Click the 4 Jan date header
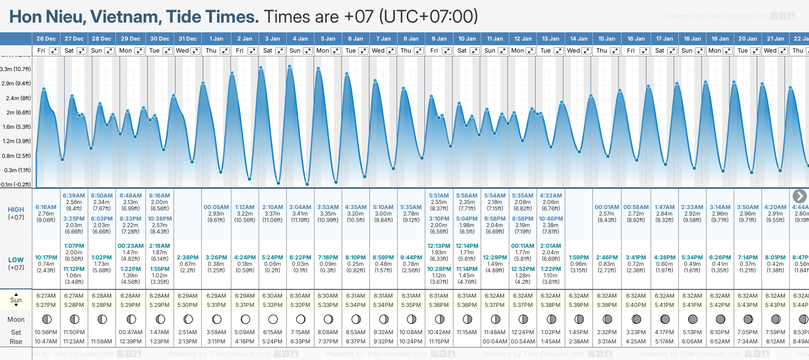click(300, 39)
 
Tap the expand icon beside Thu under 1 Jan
click(225, 51)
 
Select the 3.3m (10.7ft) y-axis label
click(16, 69)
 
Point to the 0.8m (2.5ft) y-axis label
click(16, 156)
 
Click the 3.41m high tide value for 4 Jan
click(300, 214)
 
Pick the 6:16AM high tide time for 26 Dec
click(46, 207)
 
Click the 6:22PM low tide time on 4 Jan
click(300, 258)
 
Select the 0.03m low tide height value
click(300, 264)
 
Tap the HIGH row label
click(16, 210)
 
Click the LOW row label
click(16, 260)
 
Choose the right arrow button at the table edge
click(799, 196)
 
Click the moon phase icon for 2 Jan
click(245, 319)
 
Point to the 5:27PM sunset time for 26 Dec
click(46, 305)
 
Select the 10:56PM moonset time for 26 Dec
click(46, 332)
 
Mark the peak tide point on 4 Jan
click(290, 66)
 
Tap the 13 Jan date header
click(551, 39)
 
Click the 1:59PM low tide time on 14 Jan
click(579, 258)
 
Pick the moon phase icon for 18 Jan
click(693, 319)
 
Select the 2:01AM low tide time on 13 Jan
click(551, 246)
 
